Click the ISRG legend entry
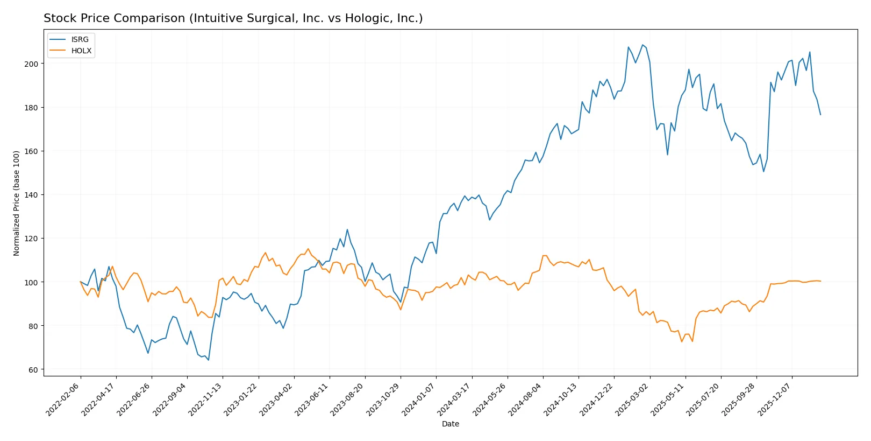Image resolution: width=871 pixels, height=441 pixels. click(80, 39)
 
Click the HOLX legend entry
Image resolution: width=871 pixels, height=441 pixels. click(81, 51)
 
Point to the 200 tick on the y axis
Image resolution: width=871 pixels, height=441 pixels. click(31, 64)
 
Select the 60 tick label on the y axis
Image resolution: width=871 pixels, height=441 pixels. click(33, 370)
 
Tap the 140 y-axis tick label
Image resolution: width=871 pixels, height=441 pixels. click(31, 195)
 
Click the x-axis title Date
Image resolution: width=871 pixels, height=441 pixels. click(450, 424)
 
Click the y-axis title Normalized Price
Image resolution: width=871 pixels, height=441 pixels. click(16, 203)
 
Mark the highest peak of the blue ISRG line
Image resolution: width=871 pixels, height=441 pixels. click(642, 45)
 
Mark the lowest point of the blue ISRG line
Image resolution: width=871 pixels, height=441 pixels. click(208, 360)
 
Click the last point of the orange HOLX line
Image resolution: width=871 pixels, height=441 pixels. click(820, 281)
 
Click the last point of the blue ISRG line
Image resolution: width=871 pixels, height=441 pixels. click(820, 115)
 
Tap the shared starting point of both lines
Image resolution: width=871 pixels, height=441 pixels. click(81, 282)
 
